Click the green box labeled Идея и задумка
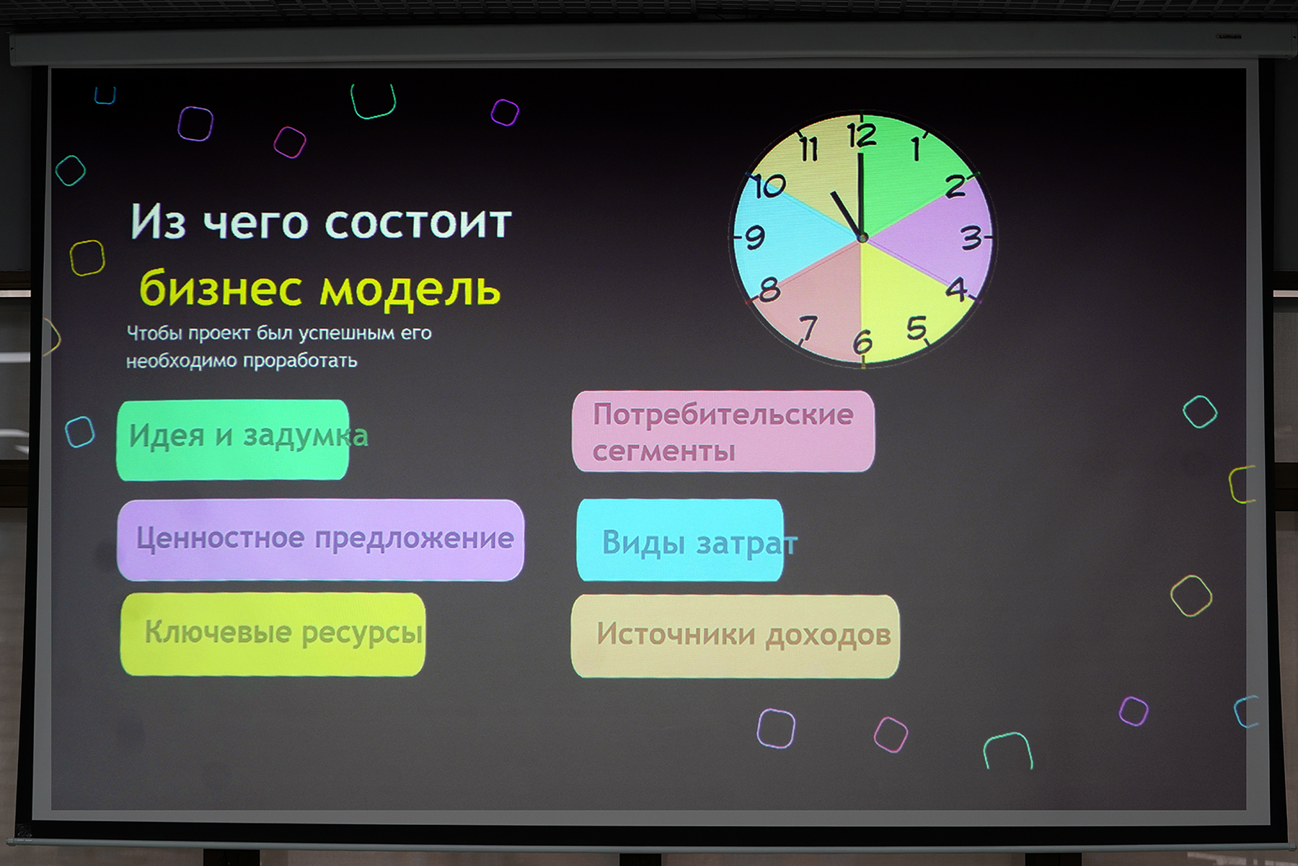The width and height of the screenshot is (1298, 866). coord(232,440)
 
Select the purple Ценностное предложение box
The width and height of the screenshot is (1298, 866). coord(320,540)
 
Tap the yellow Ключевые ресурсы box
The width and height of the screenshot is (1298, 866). coord(273,635)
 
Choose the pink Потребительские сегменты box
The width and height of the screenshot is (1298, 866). coord(723,431)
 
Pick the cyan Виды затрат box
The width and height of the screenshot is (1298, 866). coord(680,540)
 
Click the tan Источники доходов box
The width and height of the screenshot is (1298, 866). coord(736,636)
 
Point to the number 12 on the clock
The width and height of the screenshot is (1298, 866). coord(861,136)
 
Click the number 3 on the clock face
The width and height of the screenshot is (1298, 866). coord(971,237)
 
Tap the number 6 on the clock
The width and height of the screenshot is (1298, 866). coord(862,342)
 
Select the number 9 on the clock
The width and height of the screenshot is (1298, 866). coord(754,237)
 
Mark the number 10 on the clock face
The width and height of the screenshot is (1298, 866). coord(769,187)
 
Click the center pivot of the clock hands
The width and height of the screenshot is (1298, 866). coord(862,237)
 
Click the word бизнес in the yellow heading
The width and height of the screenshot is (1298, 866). coord(221,289)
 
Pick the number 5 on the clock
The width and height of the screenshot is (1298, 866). coord(917,328)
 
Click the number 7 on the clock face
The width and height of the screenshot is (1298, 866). coord(808,328)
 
